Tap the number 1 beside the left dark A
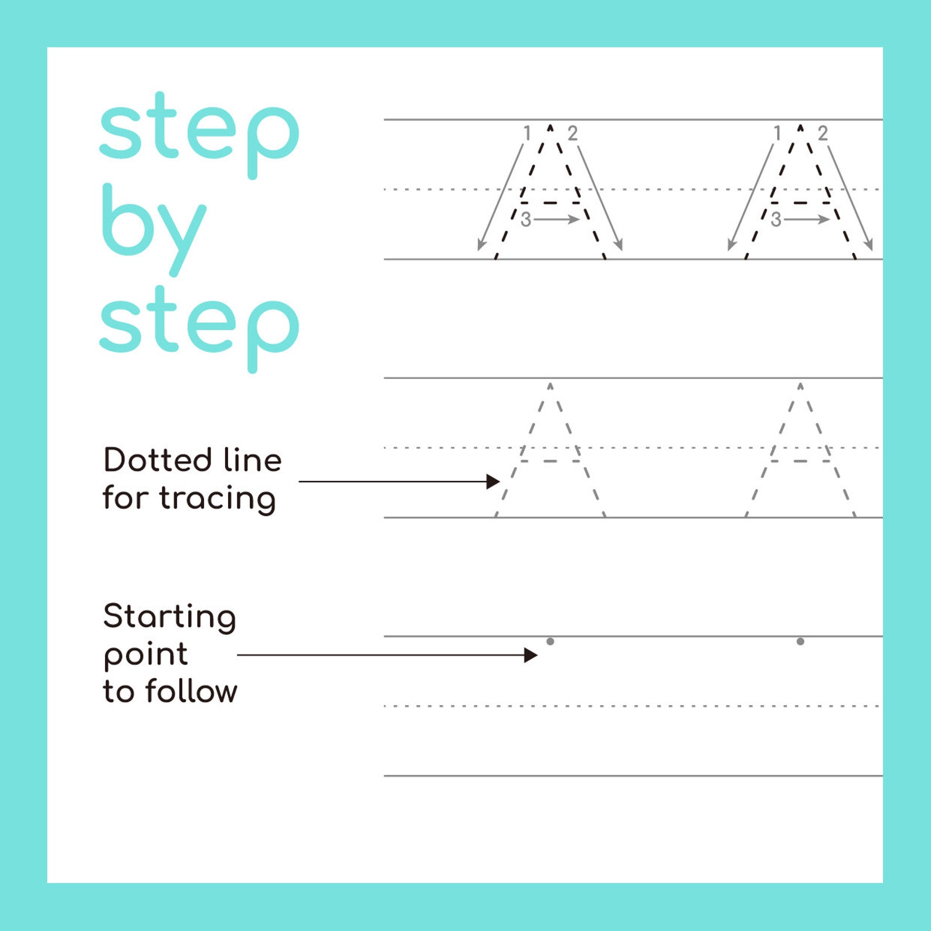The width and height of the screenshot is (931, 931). coord(527,134)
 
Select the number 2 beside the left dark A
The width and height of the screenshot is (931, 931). coord(573,134)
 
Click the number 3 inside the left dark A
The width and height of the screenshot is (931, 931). coord(526,220)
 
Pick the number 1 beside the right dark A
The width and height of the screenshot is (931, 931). coord(777,134)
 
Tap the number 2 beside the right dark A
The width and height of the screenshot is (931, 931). coord(823,134)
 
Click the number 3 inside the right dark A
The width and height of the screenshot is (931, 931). coord(776,220)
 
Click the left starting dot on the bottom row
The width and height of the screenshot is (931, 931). coord(550,641)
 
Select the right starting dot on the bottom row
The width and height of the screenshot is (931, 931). coord(800,641)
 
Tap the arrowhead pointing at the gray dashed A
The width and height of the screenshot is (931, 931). coord(494,482)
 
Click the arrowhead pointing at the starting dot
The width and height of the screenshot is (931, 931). coord(531,655)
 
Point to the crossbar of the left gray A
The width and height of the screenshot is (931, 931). coord(550,461)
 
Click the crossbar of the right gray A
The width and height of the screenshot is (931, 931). coord(800,461)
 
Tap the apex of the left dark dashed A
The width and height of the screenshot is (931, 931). coord(550,125)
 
